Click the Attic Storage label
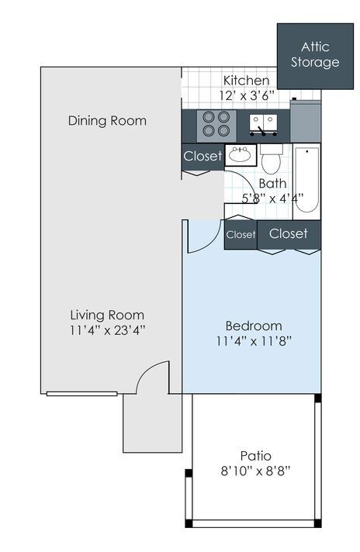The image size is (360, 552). pos(315,54)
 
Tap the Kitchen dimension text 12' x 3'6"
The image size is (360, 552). pos(247,95)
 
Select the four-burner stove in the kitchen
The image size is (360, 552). pos(216,123)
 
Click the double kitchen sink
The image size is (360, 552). pos(263,125)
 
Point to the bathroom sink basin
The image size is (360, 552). pos(240,154)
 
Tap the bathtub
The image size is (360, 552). pos(306,181)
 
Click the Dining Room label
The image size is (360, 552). pos(107,121)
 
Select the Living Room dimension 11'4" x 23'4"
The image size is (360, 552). pos(107,330)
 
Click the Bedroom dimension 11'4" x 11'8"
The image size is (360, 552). pos(254,341)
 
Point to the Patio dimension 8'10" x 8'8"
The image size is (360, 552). pos(256,471)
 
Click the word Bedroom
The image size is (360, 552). pos(254,326)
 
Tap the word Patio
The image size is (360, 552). pos(256,456)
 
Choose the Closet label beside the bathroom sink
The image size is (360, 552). pos(203,156)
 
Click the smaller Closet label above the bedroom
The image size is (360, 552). pos(241,234)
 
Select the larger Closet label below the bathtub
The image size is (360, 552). pos(289,233)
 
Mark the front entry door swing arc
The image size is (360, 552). pos(148,369)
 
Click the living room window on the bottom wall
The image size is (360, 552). pos(82,394)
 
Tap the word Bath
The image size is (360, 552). pos(272,184)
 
